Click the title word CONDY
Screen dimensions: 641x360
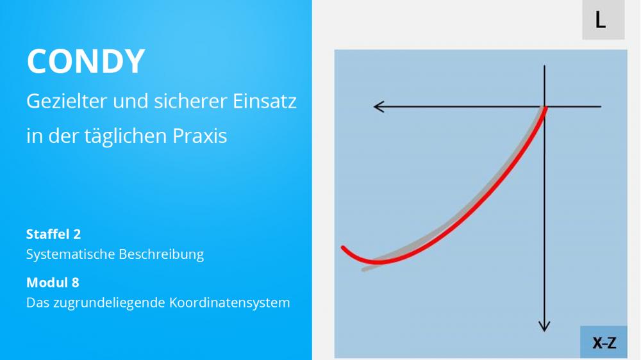(x=86, y=61)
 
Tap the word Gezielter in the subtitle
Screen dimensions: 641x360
(x=66, y=101)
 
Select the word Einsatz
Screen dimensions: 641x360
(x=265, y=101)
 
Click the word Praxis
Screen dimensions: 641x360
(x=199, y=136)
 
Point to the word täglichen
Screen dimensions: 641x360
(x=125, y=136)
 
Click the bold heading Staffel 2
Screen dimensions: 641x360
(x=54, y=234)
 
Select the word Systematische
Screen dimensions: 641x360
(x=69, y=254)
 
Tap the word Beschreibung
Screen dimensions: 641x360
(x=161, y=254)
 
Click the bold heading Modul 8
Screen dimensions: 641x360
(x=53, y=282)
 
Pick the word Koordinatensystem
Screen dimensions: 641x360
(x=229, y=303)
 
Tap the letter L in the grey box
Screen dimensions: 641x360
(x=600, y=20)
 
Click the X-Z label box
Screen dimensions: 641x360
(x=604, y=343)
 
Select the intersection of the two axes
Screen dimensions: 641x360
(x=544, y=106)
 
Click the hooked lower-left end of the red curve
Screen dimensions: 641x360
(x=344, y=248)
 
